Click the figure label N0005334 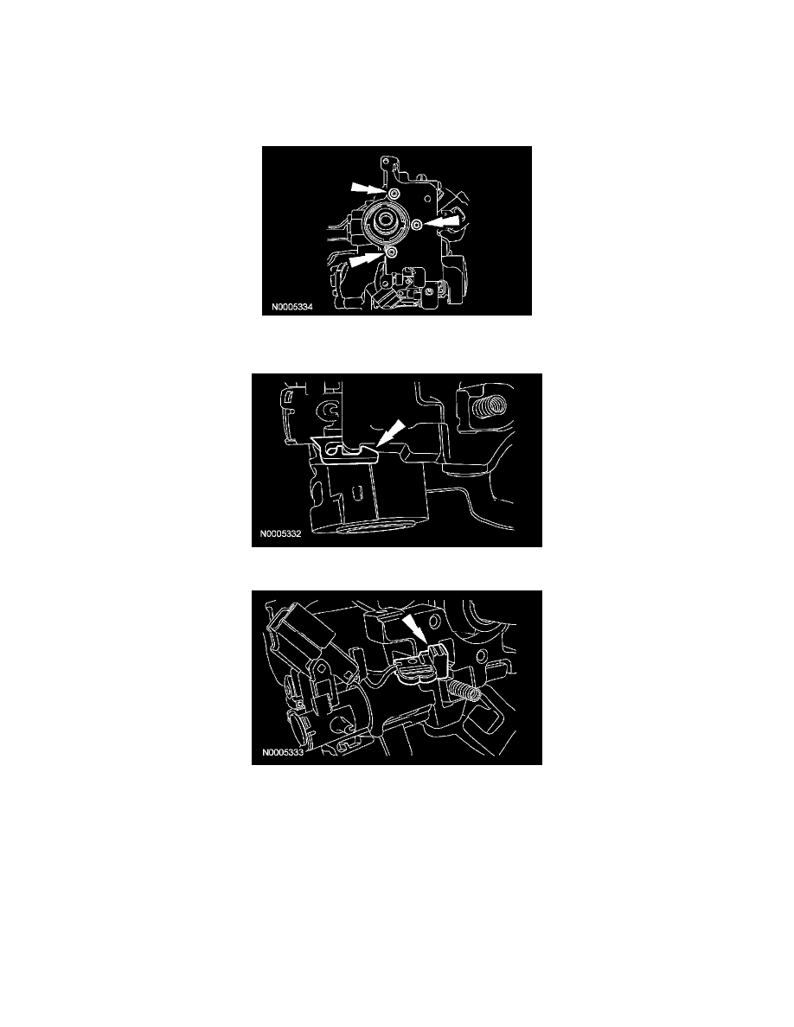(292, 307)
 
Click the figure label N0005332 (281, 533)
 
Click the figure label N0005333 (282, 753)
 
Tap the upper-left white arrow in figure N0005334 (366, 188)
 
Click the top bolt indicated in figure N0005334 (392, 195)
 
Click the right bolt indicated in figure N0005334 (417, 226)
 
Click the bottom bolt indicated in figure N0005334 (391, 252)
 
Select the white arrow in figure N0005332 (390, 435)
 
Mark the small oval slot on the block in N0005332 (358, 491)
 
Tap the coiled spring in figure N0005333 (465, 690)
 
